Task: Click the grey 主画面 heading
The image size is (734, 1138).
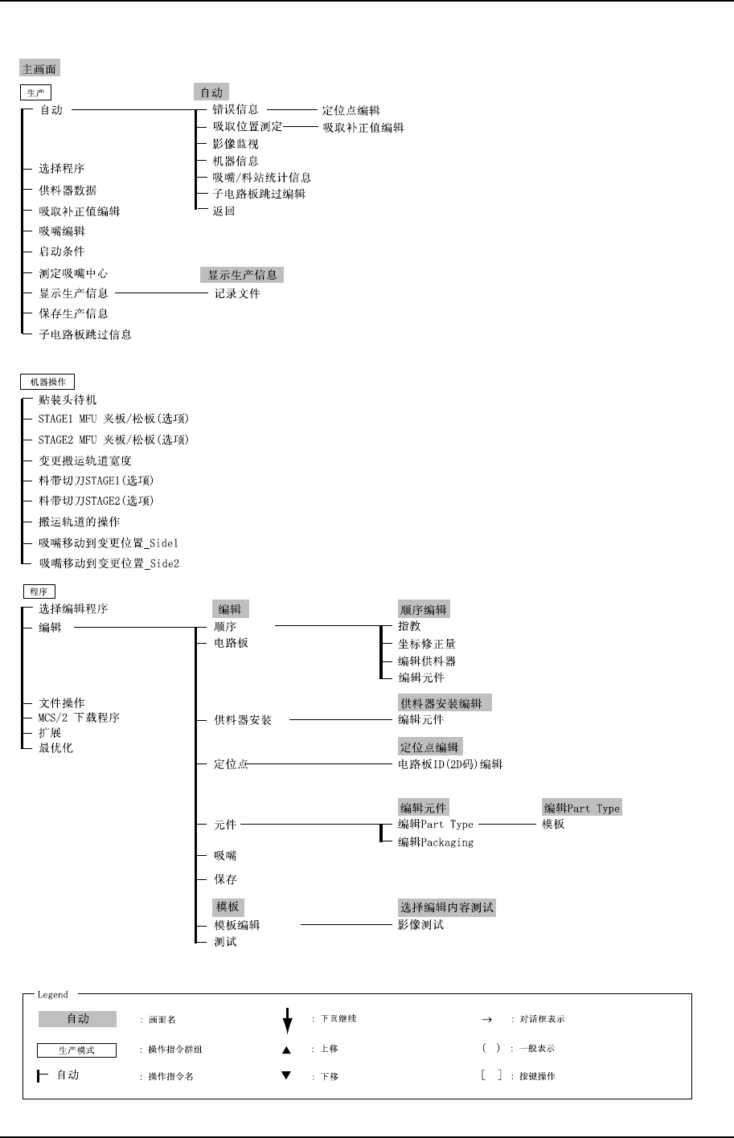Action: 39,69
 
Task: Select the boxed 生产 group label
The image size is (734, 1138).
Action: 36,93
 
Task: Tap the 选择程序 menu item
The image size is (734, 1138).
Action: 62,169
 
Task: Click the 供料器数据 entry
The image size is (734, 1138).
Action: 68,190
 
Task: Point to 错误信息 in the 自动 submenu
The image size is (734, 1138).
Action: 236,109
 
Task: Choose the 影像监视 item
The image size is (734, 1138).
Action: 236,144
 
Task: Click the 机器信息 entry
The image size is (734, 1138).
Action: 236,161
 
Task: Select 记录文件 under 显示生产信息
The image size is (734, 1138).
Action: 237,294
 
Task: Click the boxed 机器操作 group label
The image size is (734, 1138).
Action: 47,382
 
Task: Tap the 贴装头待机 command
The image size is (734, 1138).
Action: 68,400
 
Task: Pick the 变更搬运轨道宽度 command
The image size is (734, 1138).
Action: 85,461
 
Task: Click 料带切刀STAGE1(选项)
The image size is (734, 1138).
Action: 96,481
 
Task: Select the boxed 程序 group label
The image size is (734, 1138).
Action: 39,592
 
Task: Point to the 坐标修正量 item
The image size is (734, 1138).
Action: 427,644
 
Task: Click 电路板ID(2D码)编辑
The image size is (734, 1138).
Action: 450,764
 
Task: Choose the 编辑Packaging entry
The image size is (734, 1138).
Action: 436,842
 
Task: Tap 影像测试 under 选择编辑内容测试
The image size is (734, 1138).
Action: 420,925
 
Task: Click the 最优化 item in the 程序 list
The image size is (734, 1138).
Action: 56,748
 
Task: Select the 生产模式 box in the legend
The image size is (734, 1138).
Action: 77,1050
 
